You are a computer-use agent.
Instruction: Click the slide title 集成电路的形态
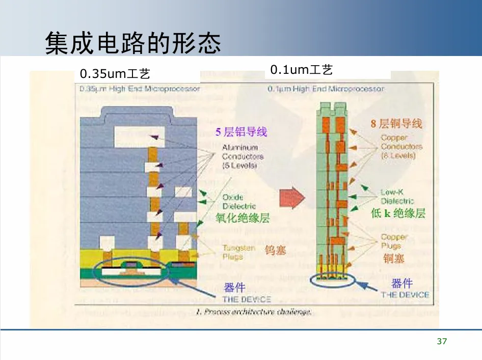coord(133,43)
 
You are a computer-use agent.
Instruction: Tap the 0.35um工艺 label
coord(115,74)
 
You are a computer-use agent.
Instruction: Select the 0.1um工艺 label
coord(302,70)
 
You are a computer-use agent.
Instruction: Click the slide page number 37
coord(442,341)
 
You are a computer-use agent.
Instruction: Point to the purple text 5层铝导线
coord(241,132)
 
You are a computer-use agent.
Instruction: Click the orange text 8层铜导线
coord(396,123)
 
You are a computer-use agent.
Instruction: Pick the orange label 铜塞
coord(393,259)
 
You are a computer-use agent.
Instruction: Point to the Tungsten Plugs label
coord(238,252)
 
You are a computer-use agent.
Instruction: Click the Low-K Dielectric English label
coord(397,197)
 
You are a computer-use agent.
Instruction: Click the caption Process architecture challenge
coord(253,312)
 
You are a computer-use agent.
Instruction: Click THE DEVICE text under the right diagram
coord(405,294)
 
